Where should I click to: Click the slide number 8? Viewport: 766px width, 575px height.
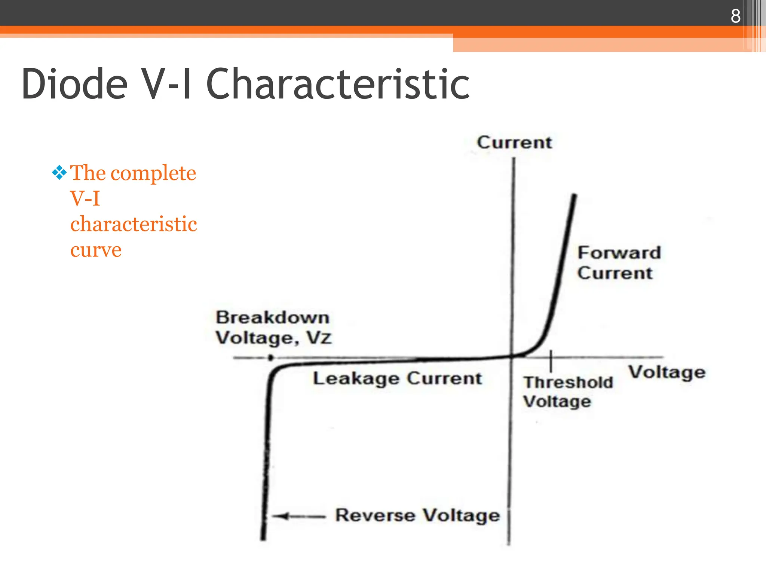pyautogui.click(x=735, y=16)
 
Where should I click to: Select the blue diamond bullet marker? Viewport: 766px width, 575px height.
pyautogui.click(x=59, y=173)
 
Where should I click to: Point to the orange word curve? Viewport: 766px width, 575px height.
pyautogui.click(x=96, y=250)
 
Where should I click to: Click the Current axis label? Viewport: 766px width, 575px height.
pyautogui.click(x=514, y=143)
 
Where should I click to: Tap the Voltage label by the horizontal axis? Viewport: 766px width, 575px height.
pyautogui.click(x=667, y=373)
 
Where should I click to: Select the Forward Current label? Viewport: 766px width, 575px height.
pyautogui.click(x=619, y=263)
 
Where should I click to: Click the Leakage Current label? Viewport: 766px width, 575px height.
pyautogui.click(x=397, y=378)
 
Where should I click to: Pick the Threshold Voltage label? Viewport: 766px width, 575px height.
pyautogui.click(x=568, y=392)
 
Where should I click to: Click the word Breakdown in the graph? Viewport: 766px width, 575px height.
pyautogui.click(x=273, y=318)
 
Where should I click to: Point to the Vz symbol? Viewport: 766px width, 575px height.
pyautogui.click(x=319, y=338)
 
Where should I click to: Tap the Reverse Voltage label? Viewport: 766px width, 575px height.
pyautogui.click(x=417, y=515)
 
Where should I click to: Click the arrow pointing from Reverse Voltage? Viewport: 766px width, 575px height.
pyautogui.click(x=298, y=517)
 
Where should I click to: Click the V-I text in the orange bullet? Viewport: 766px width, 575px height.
pyautogui.click(x=85, y=198)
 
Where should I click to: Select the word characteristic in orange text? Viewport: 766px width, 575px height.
pyautogui.click(x=134, y=224)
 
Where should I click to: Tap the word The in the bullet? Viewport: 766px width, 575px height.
pyautogui.click(x=88, y=173)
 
